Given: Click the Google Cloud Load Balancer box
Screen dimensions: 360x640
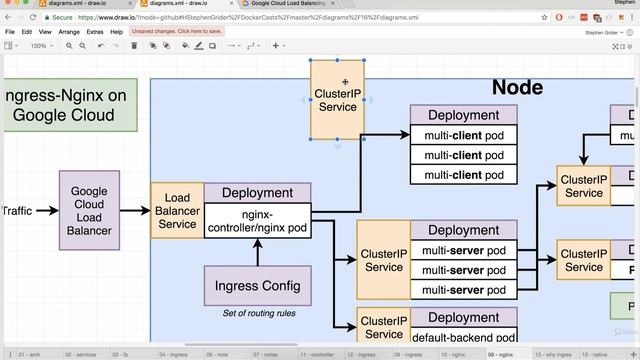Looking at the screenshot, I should point(89,211).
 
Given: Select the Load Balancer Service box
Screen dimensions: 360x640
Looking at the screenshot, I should point(177,211).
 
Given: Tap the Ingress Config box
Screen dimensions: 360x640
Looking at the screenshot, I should point(257,286).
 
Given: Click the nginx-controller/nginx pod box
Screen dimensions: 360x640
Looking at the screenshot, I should point(257,221).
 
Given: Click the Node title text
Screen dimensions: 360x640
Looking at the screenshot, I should point(517,88).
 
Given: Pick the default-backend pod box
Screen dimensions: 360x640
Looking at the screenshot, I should point(463,338).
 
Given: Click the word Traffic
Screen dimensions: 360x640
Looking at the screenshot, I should point(17,211).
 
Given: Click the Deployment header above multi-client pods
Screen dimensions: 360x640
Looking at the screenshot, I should point(463,115).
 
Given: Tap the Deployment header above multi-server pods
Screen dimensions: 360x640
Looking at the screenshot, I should point(463,230).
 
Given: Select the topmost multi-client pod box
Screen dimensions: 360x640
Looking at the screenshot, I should point(463,135).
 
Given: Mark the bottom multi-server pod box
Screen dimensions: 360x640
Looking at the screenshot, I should point(463,290).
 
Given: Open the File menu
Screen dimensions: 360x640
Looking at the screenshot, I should point(10,32).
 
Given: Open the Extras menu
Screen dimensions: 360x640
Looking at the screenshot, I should point(95,32).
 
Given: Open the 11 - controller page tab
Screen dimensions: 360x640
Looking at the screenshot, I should point(316,354).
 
